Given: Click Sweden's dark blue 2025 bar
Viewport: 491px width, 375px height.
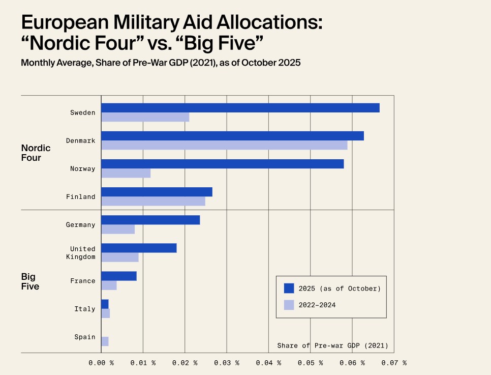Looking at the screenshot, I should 240,108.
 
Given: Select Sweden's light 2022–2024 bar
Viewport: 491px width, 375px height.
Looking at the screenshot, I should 145,117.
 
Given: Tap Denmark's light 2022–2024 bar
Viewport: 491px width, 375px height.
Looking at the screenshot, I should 224,145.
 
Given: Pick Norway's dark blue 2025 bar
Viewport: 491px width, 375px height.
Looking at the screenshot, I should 223,164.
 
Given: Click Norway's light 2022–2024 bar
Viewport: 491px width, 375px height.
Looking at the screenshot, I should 126,173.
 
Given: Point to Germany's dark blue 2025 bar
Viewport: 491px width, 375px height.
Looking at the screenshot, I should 150,220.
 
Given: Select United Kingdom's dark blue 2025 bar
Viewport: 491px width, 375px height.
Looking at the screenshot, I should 139,248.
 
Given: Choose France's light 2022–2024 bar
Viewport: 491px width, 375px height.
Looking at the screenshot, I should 109,285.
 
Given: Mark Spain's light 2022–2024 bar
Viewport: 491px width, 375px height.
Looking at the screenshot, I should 105,341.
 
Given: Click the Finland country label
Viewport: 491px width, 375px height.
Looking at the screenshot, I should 81,197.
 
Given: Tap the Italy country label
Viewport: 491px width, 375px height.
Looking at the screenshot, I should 85,309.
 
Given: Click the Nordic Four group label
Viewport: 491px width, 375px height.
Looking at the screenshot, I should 36,153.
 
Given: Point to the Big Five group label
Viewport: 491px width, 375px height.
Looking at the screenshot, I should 30,281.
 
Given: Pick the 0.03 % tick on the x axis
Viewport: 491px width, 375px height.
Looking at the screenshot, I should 227,363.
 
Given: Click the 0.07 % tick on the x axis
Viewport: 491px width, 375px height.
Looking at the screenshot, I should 394,363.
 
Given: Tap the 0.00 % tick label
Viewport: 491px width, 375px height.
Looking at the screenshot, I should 101,363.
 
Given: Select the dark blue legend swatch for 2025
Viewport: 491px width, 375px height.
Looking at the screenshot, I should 289,289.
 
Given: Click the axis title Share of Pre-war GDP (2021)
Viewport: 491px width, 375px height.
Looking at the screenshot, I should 332,345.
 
